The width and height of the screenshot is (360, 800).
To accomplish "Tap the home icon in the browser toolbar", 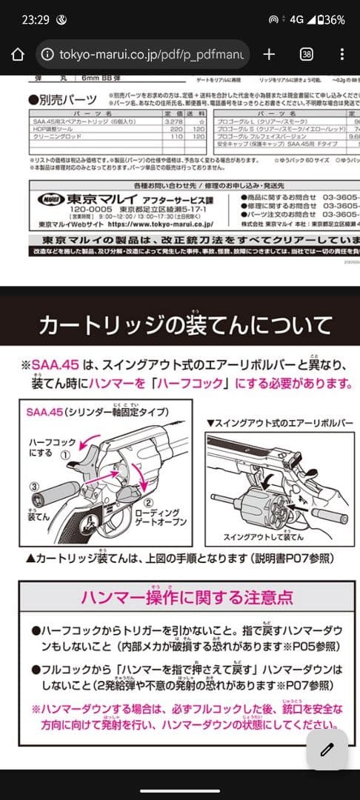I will [19, 54].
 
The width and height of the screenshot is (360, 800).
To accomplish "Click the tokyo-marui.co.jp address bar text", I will [151, 54].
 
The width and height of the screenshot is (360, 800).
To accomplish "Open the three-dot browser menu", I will [341, 54].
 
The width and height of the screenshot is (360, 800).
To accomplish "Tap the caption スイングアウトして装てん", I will [263, 537].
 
